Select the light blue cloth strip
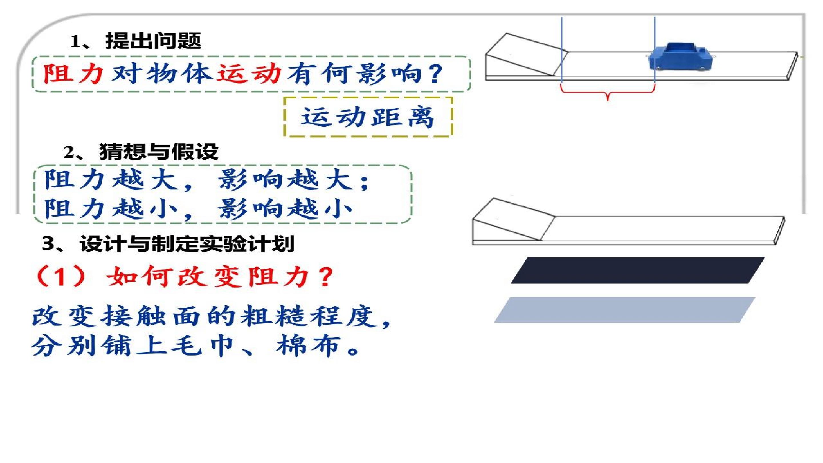(x=625, y=310)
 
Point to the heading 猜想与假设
(x=159, y=151)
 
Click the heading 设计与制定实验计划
(x=187, y=244)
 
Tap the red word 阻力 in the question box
(x=73, y=74)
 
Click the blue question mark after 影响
(x=435, y=74)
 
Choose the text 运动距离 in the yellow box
(x=367, y=117)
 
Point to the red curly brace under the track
(x=608, y=93)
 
